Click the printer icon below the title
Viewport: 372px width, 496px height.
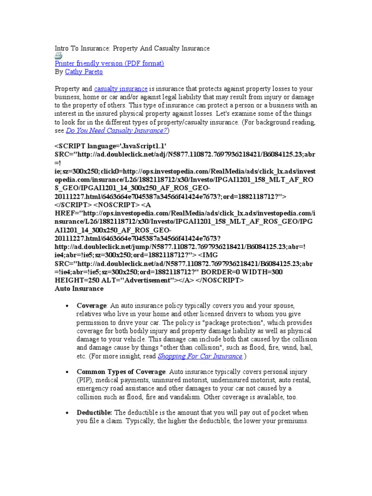(58, 56)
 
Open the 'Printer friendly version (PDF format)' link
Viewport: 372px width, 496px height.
(109, 63)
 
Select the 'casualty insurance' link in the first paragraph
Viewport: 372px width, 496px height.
(121, 89)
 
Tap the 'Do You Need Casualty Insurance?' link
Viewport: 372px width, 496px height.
(117, 131)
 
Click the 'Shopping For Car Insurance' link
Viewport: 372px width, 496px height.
(200, 356)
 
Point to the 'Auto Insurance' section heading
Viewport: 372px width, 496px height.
(79, 288)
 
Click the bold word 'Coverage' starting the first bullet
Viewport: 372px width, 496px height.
(91, 306)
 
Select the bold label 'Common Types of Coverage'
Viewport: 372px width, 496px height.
(115, 372)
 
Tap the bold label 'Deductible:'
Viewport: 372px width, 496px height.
(94, 413)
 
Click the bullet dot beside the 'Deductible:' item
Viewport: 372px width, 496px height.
(66, 413)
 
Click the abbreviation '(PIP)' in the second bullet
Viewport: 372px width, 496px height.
(84, 380)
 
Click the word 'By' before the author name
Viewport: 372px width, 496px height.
(59, 72)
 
